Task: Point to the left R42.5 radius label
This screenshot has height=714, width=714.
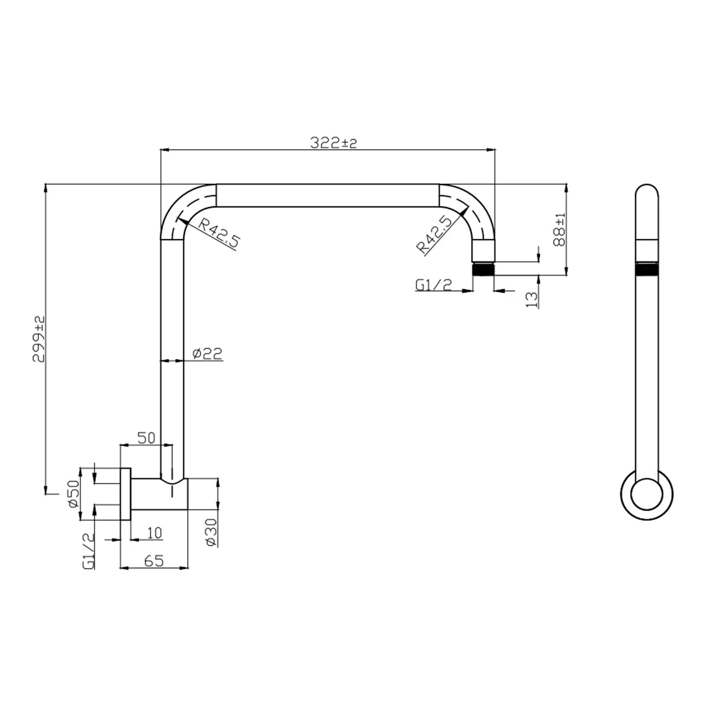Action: (x=219, y=234)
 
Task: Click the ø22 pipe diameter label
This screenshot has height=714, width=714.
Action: (x=208, y=353)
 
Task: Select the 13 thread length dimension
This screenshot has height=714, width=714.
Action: (x=532, y=298)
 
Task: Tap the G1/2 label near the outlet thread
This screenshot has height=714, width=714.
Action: (x=432, y=285)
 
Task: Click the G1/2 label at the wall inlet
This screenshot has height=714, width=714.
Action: (x=90, y=551)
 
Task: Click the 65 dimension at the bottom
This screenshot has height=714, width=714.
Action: (x=153, y=561)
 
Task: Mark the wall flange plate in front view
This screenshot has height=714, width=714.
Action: (x=126, y=494)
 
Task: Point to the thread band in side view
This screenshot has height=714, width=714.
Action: (x=647, y=268)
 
